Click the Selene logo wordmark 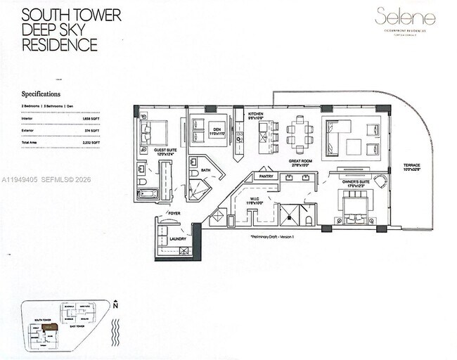(406, 17)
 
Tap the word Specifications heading (41, 93)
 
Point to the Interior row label (29, 120)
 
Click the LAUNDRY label (178, 239)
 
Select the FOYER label (174, 212)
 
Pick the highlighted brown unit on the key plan (49, 327)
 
